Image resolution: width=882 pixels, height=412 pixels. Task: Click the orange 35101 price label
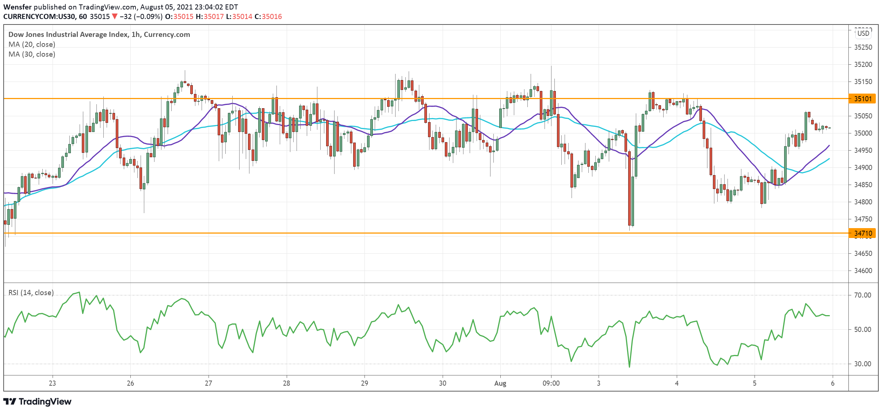(x=863, y=99)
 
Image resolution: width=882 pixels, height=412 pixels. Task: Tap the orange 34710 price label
(x=863, y=233)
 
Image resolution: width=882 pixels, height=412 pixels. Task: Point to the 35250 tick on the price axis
(x=863, y=47)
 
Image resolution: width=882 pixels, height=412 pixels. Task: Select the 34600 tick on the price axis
(x=863, y=271)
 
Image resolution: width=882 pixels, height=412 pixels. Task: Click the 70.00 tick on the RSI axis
(x=862, y=295)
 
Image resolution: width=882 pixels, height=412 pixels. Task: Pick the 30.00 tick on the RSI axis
(x=862, y=364)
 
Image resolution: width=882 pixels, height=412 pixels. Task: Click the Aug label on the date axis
(x=500, y=383)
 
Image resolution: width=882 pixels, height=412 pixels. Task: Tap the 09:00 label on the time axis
(x=551, y=383)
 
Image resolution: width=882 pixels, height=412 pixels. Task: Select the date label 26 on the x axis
(x=130, y=383)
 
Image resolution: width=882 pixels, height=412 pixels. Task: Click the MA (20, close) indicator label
(x=32, y=44)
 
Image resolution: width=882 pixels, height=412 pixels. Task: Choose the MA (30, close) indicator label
(x=32, y=54)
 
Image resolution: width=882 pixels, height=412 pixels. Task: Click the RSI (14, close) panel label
(x=31, y=292)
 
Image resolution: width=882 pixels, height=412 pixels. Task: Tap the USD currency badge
(x=863, y=33)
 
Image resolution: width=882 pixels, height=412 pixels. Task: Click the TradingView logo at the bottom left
(x=38, y=401)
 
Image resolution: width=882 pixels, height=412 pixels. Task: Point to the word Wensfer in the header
(x=18, y=7)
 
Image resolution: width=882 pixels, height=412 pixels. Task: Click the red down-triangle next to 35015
(x=115, y=16)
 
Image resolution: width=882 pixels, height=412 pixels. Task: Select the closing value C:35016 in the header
(x=268, y=16)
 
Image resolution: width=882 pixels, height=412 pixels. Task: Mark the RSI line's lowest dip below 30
(x=629, y=367)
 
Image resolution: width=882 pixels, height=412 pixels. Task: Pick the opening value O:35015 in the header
(x=179, y=16)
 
